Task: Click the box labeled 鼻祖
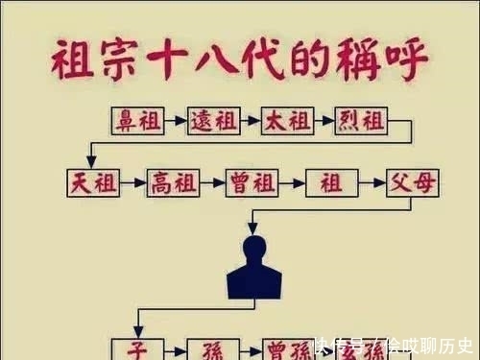pyautogui.click(x=137, y=121)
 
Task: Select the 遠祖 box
pyautogui.click(x=211, y=121)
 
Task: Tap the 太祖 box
pyautogui.click(x=286, y=121)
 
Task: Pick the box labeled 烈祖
pyautogui.click(x=360, y=121)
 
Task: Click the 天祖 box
pyautogui.click(x=94, y=182)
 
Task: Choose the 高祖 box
pyautogui.click(x=174, y=182)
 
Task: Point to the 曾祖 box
pyautogui.click(x=252, y=182)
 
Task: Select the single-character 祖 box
pyautogui.click(x=330, y=182)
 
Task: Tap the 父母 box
pyautogui.click(x=412, y=182)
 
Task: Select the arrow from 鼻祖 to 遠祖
pyautogui.click(x=175, y=121)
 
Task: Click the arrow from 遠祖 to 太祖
pyautogui.click(x=249, y=121)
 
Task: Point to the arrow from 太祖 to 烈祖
pyautogui.click(x=324, y=121)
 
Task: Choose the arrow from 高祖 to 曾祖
pyautogui.click(x=213, y=182)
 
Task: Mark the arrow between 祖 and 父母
pyautogui.click(x=371, y=182)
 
